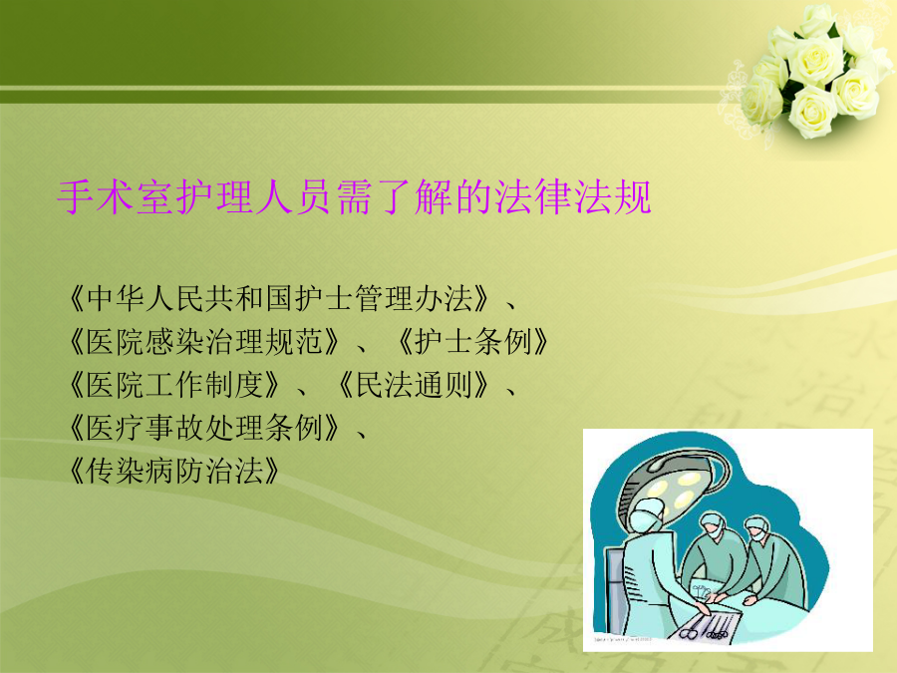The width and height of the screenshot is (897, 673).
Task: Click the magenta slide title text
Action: coord(355,197)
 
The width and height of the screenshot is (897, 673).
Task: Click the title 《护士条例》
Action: coord(473,342)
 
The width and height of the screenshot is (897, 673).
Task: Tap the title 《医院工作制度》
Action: coord(173,385)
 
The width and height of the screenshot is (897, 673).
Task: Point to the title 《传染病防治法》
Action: coord(173,471)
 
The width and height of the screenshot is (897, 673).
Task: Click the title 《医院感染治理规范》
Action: coord(203,342)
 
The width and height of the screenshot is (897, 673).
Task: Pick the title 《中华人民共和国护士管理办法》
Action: coord(279,298)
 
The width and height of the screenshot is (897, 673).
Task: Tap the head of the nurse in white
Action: coord(647,516)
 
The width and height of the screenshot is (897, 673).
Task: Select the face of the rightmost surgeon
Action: coord(758,532)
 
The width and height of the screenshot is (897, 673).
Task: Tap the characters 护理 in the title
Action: coord(214,197)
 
